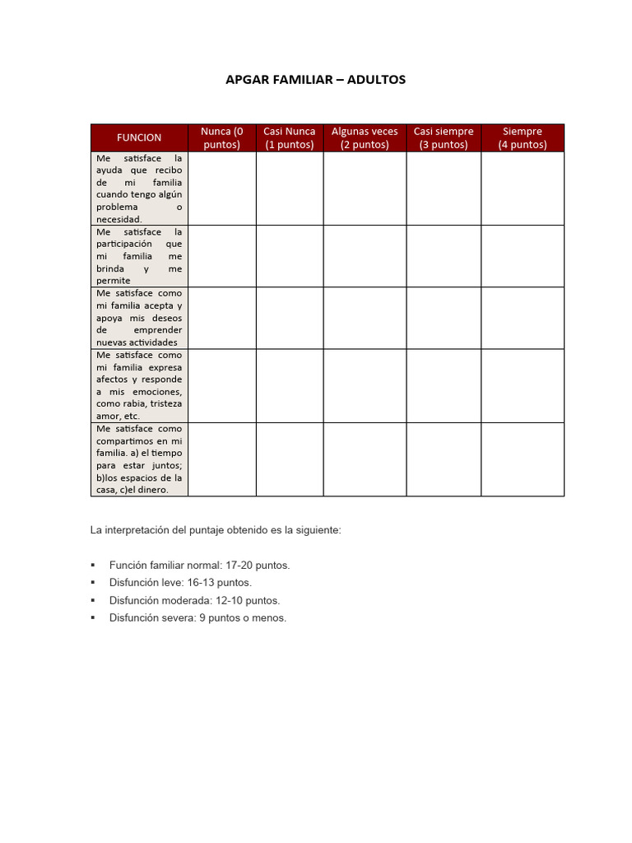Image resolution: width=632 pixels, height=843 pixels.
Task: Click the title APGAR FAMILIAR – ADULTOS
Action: coord(315,80)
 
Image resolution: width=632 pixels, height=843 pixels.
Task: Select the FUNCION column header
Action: coord(139,137)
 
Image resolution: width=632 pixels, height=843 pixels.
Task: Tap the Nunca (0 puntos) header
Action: coord(221,137)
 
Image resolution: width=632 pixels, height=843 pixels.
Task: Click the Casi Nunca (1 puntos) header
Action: coord(289,137)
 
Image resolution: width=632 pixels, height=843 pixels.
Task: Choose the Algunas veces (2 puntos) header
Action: coord(365,137)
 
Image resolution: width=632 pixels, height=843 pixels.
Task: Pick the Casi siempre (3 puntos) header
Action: coord(444,137)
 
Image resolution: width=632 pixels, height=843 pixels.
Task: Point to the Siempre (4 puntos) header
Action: coord(523,137)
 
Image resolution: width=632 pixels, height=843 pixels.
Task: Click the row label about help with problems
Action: coord(139,189)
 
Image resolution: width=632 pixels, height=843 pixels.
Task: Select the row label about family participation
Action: coord(139,256)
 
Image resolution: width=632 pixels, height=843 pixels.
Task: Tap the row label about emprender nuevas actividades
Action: coord(139,318)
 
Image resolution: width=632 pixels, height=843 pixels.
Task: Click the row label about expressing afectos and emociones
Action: coord(139,385)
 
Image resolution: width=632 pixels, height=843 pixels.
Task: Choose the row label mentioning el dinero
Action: coord(139,459)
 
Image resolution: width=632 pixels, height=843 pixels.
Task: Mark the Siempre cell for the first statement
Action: coord(523,189)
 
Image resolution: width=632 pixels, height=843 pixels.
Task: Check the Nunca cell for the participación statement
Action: coord(221,256)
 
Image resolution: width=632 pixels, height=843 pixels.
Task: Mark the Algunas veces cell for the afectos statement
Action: coord(365,385)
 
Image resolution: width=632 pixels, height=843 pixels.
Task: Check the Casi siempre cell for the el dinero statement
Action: coord(444,459)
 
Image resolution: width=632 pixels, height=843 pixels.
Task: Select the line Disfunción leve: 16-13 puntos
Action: coord(180,583)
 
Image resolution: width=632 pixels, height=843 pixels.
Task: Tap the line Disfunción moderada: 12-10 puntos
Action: coord(194,600)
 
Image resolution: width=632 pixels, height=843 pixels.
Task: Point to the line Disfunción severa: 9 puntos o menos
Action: coord(197,617)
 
